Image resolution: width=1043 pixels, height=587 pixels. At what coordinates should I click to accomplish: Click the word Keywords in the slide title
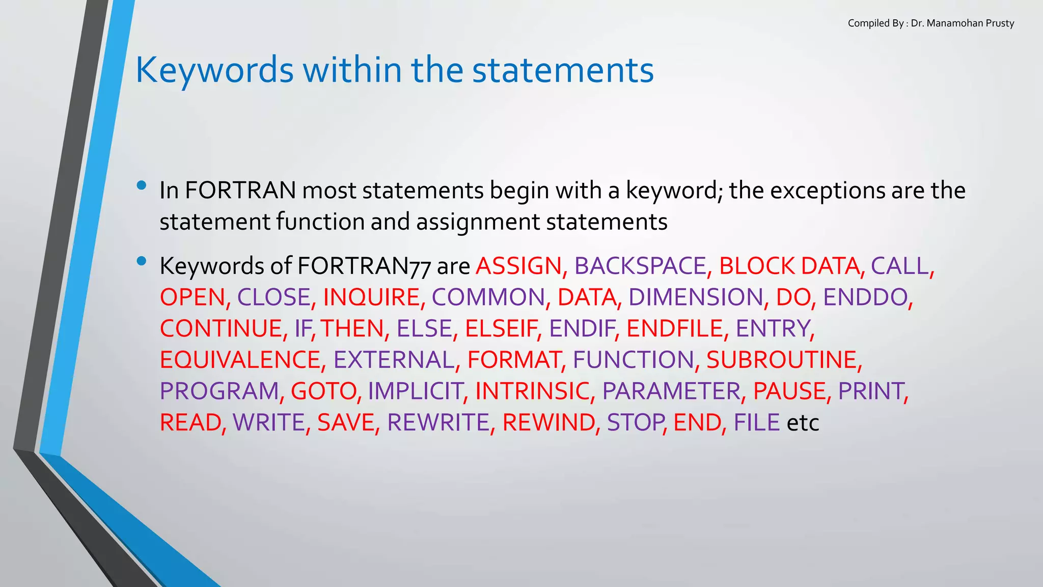pos(214,70)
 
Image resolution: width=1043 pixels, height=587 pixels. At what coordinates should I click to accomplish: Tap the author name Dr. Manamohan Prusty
pos(962,23)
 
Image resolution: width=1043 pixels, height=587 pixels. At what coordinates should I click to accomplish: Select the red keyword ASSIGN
pos(518,266)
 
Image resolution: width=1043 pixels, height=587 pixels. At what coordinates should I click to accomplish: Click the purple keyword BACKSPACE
pos(640,266)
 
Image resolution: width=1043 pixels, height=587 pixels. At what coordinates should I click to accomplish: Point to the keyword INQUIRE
pos(371,298)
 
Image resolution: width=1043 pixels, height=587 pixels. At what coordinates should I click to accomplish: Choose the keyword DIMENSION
pos(696,298)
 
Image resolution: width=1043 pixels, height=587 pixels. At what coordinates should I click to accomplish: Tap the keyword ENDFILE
pos(674,329)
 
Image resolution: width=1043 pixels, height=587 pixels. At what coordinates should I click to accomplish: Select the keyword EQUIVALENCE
pos(240,360)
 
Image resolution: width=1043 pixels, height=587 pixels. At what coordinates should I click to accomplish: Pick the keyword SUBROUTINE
pos(781,360)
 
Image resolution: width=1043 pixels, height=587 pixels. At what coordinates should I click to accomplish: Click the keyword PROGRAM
pos(219,391)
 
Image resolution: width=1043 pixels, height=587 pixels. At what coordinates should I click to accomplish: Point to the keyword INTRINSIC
pos(532,391)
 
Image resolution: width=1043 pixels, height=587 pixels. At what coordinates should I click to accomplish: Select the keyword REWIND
pos(548,423)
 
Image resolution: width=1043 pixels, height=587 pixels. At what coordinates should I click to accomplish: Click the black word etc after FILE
pos(803,423)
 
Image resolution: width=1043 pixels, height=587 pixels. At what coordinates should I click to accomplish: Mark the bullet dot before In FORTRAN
pos(142,185)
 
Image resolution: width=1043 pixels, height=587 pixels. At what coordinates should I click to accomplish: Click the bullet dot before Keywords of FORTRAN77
pos(142,261)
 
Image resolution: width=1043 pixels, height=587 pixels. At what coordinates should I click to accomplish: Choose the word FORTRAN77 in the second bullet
pos(364,266)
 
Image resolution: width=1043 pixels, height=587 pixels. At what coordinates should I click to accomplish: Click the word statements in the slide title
pos(563,70)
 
